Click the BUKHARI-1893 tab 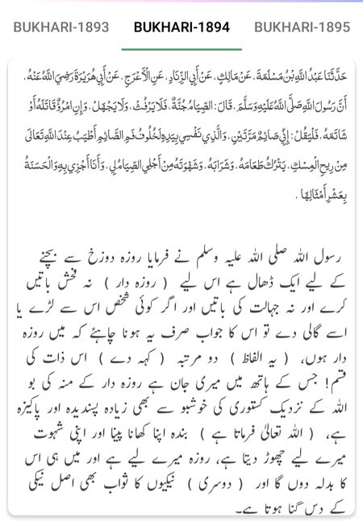[61, 27]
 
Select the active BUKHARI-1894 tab [181, 27]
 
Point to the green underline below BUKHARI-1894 [181, 49]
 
